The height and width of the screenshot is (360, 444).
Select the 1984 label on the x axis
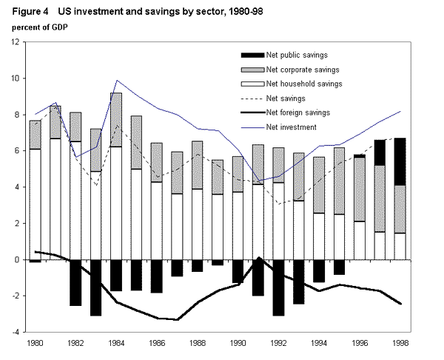tap(115, 344)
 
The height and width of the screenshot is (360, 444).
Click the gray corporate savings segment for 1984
tap(115, 119)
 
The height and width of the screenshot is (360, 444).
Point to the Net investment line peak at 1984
tap(116, 80)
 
